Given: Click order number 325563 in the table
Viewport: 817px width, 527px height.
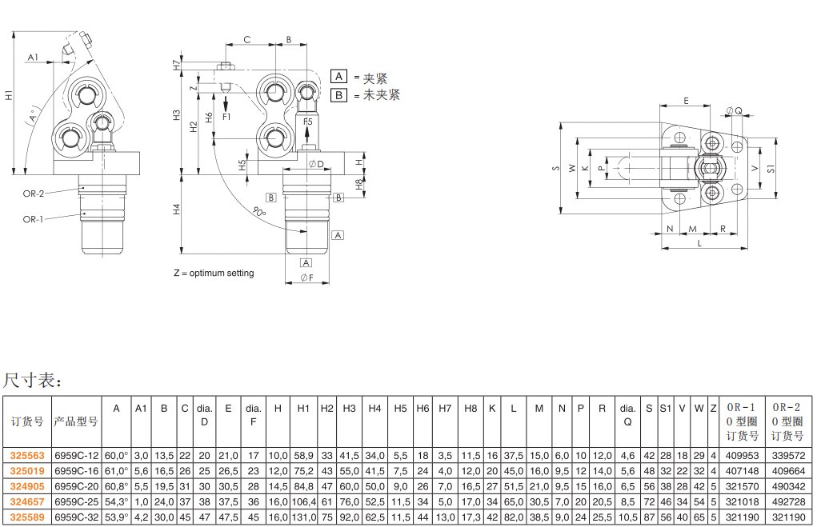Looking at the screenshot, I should pos(26,455).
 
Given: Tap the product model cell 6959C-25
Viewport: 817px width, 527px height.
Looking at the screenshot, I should pos(75,501).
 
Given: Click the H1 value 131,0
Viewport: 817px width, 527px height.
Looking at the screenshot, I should pos(303,517).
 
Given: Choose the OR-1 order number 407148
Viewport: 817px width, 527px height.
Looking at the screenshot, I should pos(741,470).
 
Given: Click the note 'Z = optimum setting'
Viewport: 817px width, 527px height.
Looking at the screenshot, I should pos(214,273).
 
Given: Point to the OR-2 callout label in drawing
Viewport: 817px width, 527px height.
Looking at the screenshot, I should pos(33,193).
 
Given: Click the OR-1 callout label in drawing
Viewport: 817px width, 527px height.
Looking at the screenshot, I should pos(33,218).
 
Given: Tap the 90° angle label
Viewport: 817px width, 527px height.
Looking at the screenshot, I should pos(258,210).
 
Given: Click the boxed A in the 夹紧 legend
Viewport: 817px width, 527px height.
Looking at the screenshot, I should pos(338,78).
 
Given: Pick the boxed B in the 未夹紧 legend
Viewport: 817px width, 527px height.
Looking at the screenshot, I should pos(338,95).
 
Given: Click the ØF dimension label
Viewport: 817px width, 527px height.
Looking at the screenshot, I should pos(306,277).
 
